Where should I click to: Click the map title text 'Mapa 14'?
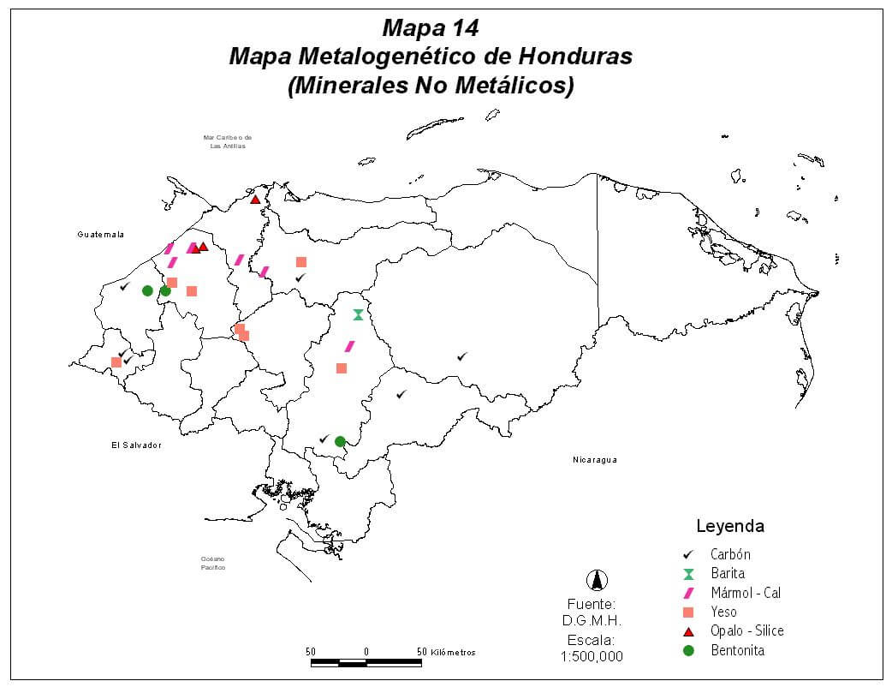[431, 27]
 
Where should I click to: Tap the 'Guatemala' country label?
[100, 235]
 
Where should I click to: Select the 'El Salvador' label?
[136, 445]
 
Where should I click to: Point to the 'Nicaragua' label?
[595, 460]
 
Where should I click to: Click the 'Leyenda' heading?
[730, 526]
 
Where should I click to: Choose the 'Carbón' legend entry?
[730, 555]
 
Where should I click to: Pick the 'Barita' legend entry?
[727, 574]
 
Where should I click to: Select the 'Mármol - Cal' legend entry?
[745, 593]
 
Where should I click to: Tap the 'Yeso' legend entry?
[723, 612]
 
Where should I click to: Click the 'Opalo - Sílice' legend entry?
[746, 630]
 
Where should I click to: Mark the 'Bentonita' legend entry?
[737, 650]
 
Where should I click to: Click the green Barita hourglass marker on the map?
[358, 314]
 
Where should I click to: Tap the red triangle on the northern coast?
[255, 200]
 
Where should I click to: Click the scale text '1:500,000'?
[592, 657]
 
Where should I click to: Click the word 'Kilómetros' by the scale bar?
[454, 652]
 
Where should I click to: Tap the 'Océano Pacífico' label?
[212, 563]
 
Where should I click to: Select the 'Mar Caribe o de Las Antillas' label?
[227, 141]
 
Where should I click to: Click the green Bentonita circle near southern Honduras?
[340, 441]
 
